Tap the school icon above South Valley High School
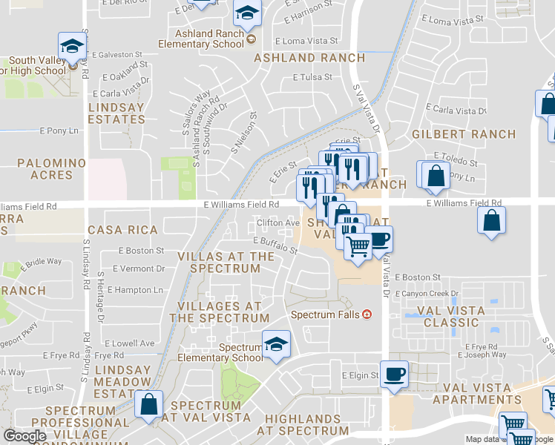tap(72, 46)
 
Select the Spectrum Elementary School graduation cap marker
tap(276, 344)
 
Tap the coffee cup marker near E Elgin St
tap(394, 374)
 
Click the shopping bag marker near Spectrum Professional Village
tap(149, 405)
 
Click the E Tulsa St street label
tap(312, 77)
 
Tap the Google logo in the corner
tap(24, 436)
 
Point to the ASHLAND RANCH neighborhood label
tap(309, 58)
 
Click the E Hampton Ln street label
tap(137, 290)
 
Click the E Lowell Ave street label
tap(130, 343)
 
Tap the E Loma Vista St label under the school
tap(306, 42)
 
